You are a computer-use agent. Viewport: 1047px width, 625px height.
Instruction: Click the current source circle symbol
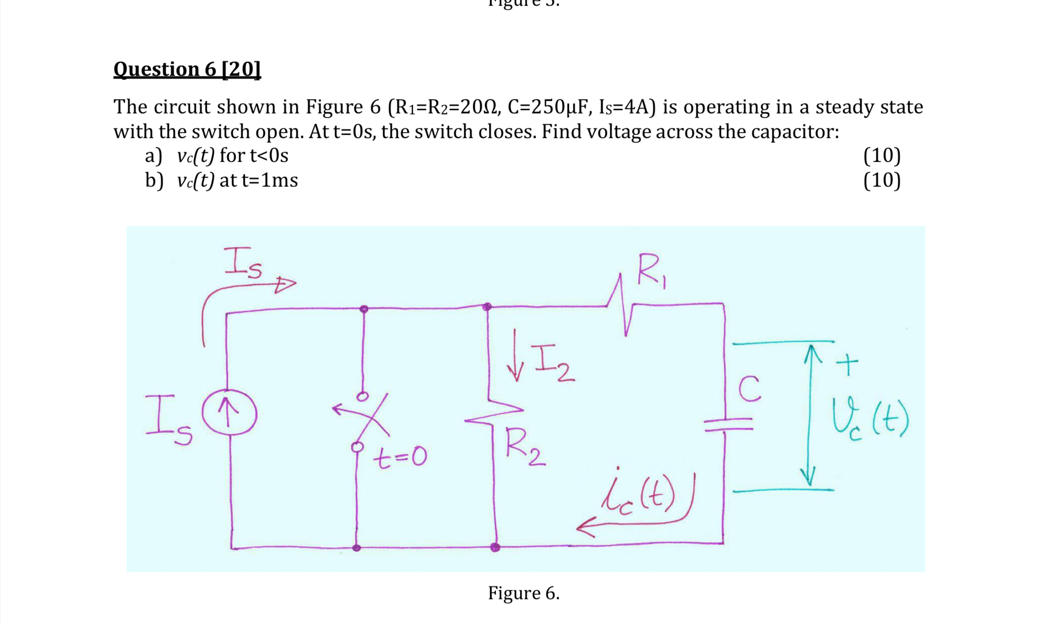click(x=229, y=414)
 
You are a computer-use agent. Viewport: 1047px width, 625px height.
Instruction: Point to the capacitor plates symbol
click(x=728, y=424)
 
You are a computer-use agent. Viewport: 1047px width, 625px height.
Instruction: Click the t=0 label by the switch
click(x=400, y=457)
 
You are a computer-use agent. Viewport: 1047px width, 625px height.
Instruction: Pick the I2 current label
click(x=553, y=364)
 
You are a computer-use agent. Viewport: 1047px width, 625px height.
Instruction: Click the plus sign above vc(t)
click(x=847, y=364)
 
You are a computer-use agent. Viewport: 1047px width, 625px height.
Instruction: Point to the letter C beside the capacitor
click(x=749, y=389)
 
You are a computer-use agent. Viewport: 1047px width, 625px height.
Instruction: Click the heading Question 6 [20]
click(x=187, y=69)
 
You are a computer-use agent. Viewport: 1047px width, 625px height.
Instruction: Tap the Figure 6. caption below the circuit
click(x=523, y=593)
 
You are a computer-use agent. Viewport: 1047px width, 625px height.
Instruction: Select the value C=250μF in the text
click(x=547, y=107)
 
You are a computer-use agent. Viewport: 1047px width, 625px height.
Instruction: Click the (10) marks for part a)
click(x=882, y=156)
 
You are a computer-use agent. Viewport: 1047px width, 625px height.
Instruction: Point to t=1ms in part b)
click(x=270, y=180)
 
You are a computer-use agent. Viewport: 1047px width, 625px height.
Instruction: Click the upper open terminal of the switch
click(x=363, y=396)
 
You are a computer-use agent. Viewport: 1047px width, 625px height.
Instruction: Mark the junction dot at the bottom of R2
click(x=495, y=547)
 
